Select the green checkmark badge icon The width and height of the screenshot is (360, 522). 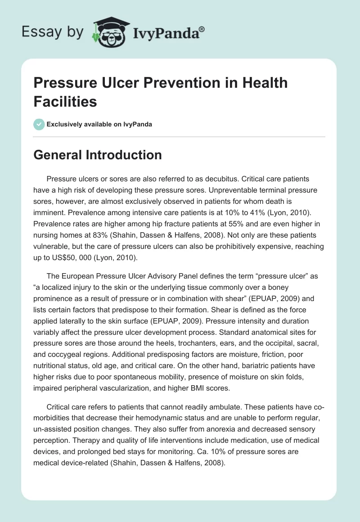(39, 124)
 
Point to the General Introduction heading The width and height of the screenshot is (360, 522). (98, 155)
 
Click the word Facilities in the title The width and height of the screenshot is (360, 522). (65, 102)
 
